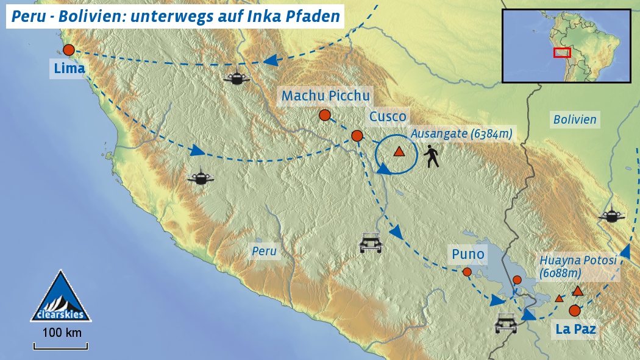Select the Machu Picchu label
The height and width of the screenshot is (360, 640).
coord(325,96)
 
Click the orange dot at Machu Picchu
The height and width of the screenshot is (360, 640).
coord(325,115)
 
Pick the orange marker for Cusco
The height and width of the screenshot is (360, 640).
coord(357,136)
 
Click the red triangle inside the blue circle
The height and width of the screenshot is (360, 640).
coord(399,152)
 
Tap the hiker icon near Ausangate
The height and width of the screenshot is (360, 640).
coord(433,157)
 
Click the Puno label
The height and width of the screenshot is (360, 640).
coord(468,254)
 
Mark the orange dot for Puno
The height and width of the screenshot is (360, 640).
coord(467,272)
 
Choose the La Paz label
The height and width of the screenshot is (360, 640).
coord(575,330)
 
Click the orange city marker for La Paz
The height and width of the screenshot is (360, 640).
coord(574,311)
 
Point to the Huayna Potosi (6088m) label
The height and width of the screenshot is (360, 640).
coord(578,267)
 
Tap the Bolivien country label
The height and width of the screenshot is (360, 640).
coord(575,119)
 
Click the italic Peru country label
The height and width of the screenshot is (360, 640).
coord(265,251)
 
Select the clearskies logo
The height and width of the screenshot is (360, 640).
coord(61,297)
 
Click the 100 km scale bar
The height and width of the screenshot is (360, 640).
coord(61,346)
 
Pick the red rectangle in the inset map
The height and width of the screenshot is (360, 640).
coord(562,52)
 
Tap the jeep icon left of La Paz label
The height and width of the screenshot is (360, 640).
coord(506,322)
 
